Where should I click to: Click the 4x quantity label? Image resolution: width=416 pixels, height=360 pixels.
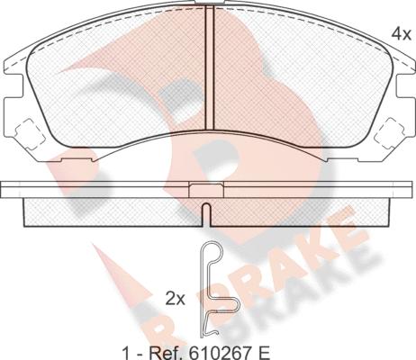coord(401,34)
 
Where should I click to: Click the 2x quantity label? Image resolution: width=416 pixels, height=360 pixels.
coord(176,299)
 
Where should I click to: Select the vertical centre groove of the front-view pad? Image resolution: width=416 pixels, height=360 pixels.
coord(209,67)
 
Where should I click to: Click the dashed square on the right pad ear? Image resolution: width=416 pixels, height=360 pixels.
coord(390,133)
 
